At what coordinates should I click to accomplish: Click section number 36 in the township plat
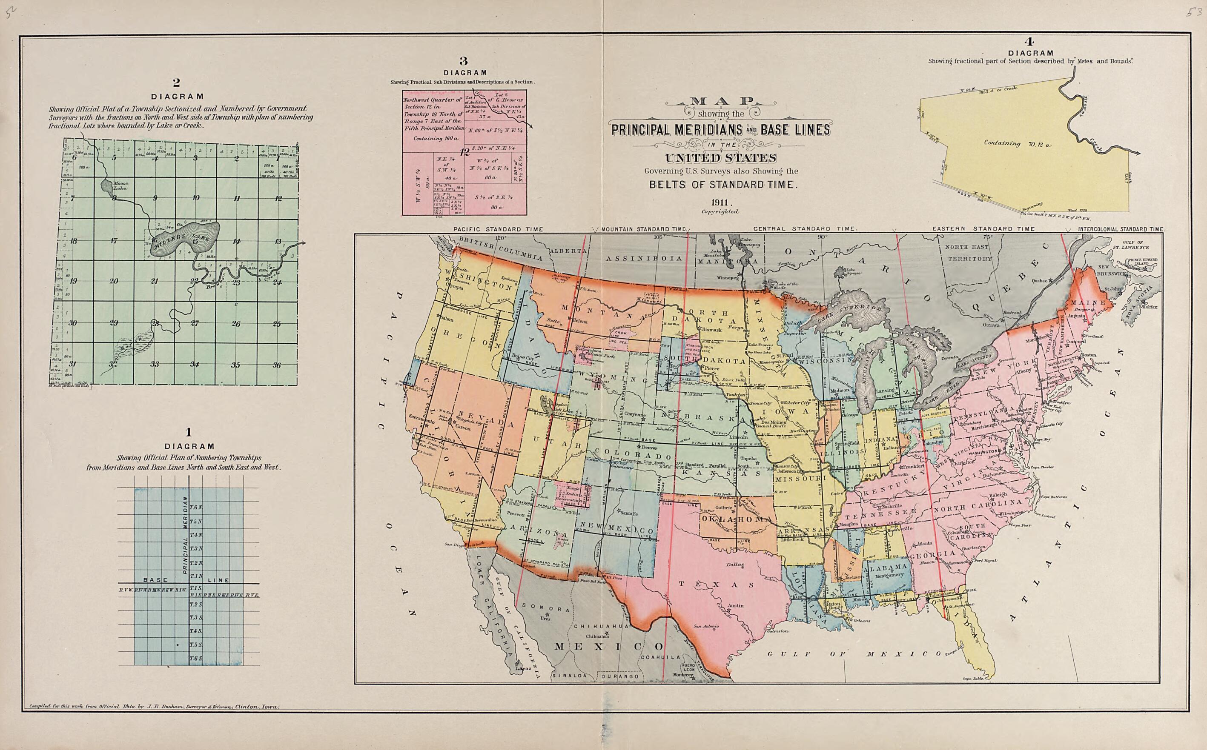[276, 365]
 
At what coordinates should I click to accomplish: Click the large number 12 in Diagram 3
[464, 152]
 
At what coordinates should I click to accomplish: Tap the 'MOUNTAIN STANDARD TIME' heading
[643, 230]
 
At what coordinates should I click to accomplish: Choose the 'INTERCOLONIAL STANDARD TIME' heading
[1121, 230]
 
